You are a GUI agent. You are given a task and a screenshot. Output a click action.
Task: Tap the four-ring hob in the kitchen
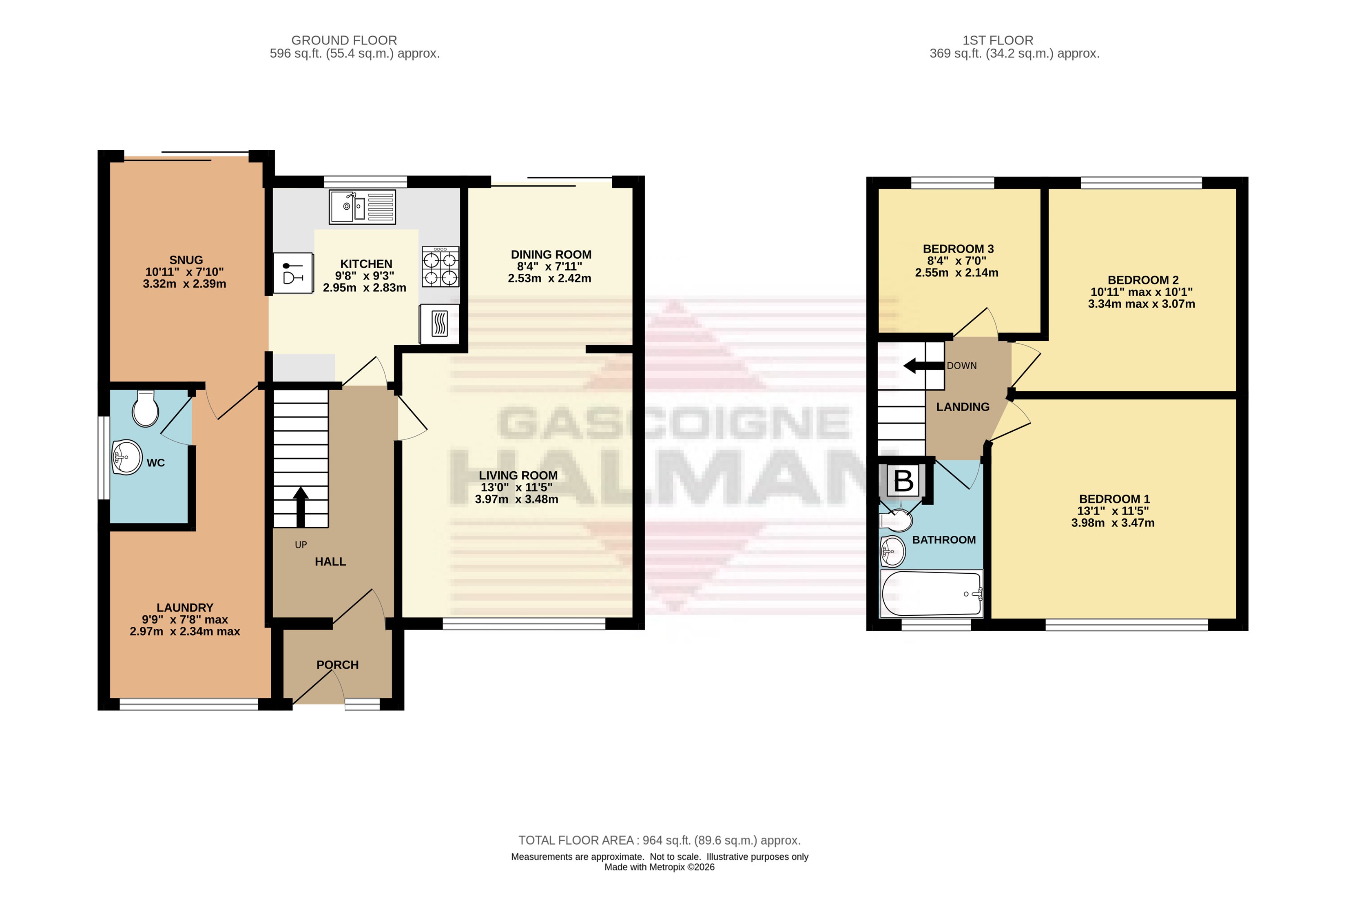tap(440, 266)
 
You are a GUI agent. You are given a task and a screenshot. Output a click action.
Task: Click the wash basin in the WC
tap(126, 457)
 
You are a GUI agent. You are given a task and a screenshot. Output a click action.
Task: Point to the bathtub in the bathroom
tap(931, 594)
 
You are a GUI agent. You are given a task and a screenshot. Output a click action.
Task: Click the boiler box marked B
tap(903, 480)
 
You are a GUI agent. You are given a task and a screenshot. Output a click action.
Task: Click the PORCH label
tap(338, 665)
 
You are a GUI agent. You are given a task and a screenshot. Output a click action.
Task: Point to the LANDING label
tap(963, 407)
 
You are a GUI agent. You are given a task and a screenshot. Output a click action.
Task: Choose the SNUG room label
tap(186, 260)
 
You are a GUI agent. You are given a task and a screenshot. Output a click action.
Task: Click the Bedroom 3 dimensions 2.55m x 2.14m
tap(957, 273)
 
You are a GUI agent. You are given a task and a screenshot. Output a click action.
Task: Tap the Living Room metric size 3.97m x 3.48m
tap(517, 499)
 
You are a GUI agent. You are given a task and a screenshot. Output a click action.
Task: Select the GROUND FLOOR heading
tap(344, 40)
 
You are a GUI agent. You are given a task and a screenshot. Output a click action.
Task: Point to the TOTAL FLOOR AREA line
tap(659, 841)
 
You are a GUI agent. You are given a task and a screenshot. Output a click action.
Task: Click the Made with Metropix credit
tap(659, 867)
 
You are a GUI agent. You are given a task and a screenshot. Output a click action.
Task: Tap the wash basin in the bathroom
tap(892, 551)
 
